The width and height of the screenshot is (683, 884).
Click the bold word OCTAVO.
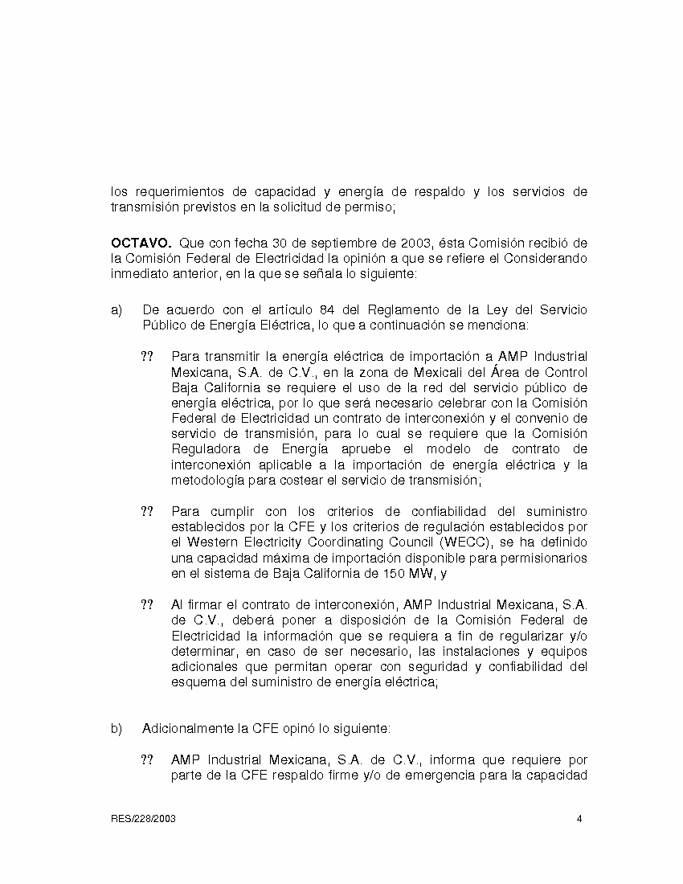pyautogui.click(x=141, y=242)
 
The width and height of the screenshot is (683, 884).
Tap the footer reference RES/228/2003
pyautogui.click(x=144, y=819)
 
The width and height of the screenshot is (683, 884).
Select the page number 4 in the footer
pyautogui.click(x=579, y=819)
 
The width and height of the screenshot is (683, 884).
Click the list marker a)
pyautogui.click(x=117, y=309)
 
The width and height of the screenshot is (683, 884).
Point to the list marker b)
pyautogui.click(x=117, y=728)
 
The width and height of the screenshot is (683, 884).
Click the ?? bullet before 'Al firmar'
pyautogui.click(x=147, y=604)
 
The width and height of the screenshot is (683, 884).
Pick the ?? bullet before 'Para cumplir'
pyautogui.click(x=147, y=511)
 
